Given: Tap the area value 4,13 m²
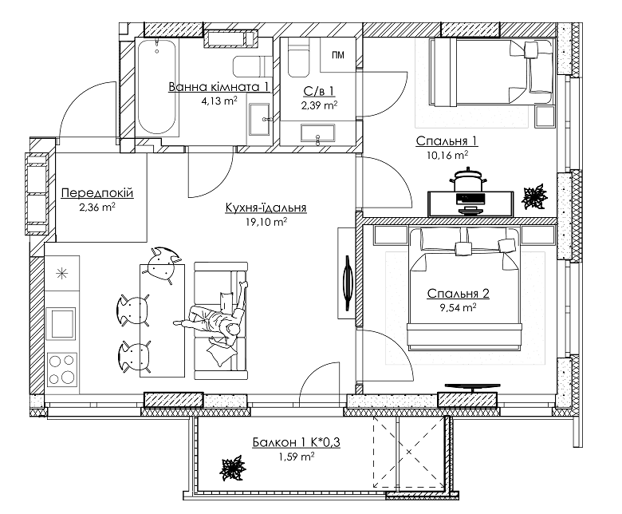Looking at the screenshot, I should click(219, 101).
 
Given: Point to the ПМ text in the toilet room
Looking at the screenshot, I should click(338, 54).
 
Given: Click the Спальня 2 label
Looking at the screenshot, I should click(457, 293).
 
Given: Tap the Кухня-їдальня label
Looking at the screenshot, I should click(266, 208).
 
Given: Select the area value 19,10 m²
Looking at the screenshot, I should click(266, 223).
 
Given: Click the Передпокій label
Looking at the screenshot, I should click(96, 194).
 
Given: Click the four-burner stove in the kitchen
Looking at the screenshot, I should click(61, 369).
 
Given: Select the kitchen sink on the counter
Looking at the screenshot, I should click(61, 324).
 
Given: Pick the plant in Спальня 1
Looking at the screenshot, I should click(532, 195).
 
